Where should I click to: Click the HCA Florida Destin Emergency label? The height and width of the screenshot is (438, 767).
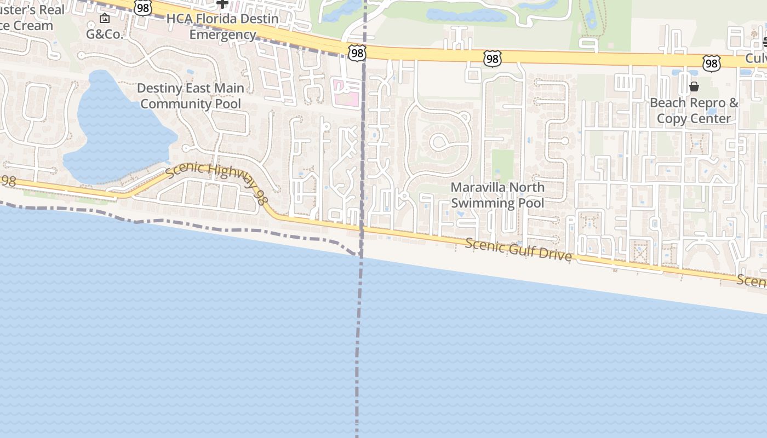click(x=222, y=27)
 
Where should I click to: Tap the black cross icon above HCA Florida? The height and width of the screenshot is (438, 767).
click(x=222, y=4)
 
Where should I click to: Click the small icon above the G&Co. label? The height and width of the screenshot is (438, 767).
click(x=105, y=19)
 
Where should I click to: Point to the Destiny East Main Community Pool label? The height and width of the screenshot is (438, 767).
click(x=191, y=96)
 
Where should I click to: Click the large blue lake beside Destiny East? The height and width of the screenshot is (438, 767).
click(x=118, y=131)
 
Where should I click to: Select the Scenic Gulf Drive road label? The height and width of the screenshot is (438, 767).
click(x=518, y=250)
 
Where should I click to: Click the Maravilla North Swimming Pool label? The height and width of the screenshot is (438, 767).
click(x=497, y=195)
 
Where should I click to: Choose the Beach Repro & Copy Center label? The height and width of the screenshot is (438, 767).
click(x=694, y=111)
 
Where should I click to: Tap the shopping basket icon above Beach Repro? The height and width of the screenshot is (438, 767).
click(x=694, y=87)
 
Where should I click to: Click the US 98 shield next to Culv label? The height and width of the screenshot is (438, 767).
click(x=711, y=63)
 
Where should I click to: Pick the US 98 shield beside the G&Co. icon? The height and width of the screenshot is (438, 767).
click(x=142, y=8)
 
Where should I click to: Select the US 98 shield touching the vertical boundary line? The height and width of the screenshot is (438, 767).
click(x=356, y=53)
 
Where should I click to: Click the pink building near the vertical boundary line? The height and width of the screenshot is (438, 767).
click(x=346, y=93)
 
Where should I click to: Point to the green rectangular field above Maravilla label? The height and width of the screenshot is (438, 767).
click(x=502, y=164)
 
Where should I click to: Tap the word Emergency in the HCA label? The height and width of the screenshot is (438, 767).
click(x=222, y=34)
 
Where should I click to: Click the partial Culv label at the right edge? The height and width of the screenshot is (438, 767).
click(x=755, y=59)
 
